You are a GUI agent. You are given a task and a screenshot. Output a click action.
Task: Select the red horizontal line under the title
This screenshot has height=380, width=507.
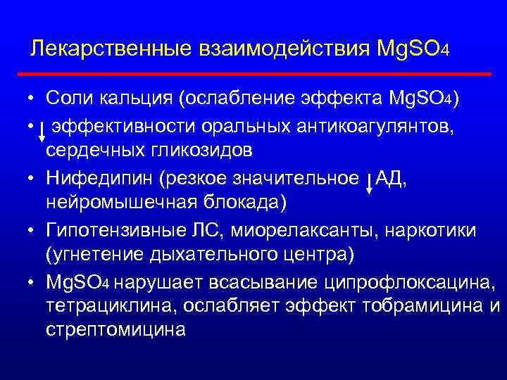point(254,73)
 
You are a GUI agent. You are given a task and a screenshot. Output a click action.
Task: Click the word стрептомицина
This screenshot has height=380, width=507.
point(116,329)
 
